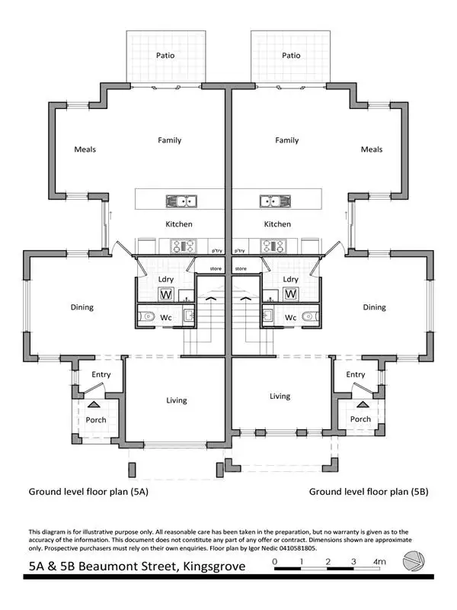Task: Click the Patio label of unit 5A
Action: tap(166, 56)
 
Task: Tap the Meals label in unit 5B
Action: tap(372, 149)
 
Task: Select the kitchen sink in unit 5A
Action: tap(182, 202)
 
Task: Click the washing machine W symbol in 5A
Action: tap(166, 294)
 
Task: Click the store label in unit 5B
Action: tap(241, 268)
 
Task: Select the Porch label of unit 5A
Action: tap(96, 419)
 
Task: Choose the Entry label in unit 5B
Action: tap(356, 374)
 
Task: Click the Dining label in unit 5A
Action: tap(82, 307)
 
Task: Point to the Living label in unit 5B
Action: tap(280, 396)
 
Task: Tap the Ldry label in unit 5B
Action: tap(290, 279)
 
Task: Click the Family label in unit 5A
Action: tap(169, 140)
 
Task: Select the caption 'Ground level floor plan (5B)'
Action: tap(369, 492)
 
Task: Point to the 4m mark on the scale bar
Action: tap(379, 562)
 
